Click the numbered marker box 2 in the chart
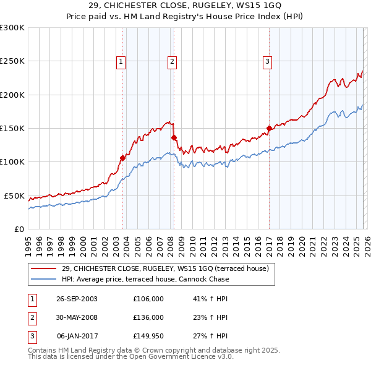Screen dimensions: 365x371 171,61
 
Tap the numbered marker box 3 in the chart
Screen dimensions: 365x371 267,61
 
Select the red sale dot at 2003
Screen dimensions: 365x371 122,158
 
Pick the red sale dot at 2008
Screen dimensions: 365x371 174,137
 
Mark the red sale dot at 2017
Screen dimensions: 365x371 269,129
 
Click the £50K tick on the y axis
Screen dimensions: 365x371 14,195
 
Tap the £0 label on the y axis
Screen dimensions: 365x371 19,229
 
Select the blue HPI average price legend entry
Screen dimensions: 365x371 145,280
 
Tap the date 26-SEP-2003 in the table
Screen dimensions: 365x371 77,299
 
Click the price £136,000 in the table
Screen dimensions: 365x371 148,317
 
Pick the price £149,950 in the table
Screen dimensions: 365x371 148,336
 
